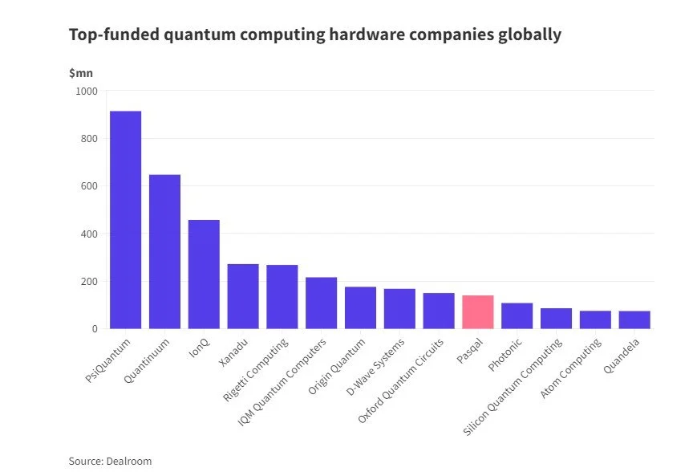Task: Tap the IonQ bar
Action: point(204,274)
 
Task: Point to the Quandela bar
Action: point(634,319)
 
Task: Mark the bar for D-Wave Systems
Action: point(399,308)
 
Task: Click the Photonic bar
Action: point(517,315)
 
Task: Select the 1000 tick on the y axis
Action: point(86,92)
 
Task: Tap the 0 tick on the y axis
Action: point(94,329)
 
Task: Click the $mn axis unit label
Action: point(80,73)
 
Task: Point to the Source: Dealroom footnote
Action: point(110,461)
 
